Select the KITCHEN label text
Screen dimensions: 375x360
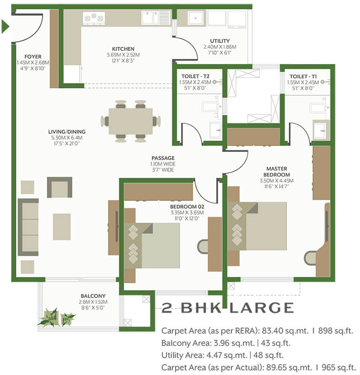pyautogui.click(x=123, y=49)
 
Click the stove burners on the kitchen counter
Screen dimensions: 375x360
pyautogui.click(x=94, y=18)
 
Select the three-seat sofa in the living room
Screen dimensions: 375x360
pyautogui.click(x=28, y=227)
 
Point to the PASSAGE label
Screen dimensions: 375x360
pyautogui.click(x=162, y=158)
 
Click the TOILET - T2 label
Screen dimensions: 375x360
pyautogui.click(x=195, y=76)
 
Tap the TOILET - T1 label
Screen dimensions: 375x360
pyautogui.click(x=303, y=76)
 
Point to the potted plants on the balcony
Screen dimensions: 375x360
pyautogui.click(x=56, y=317)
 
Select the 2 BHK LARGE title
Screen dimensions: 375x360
pyautogui.click(x=228, y=308)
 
